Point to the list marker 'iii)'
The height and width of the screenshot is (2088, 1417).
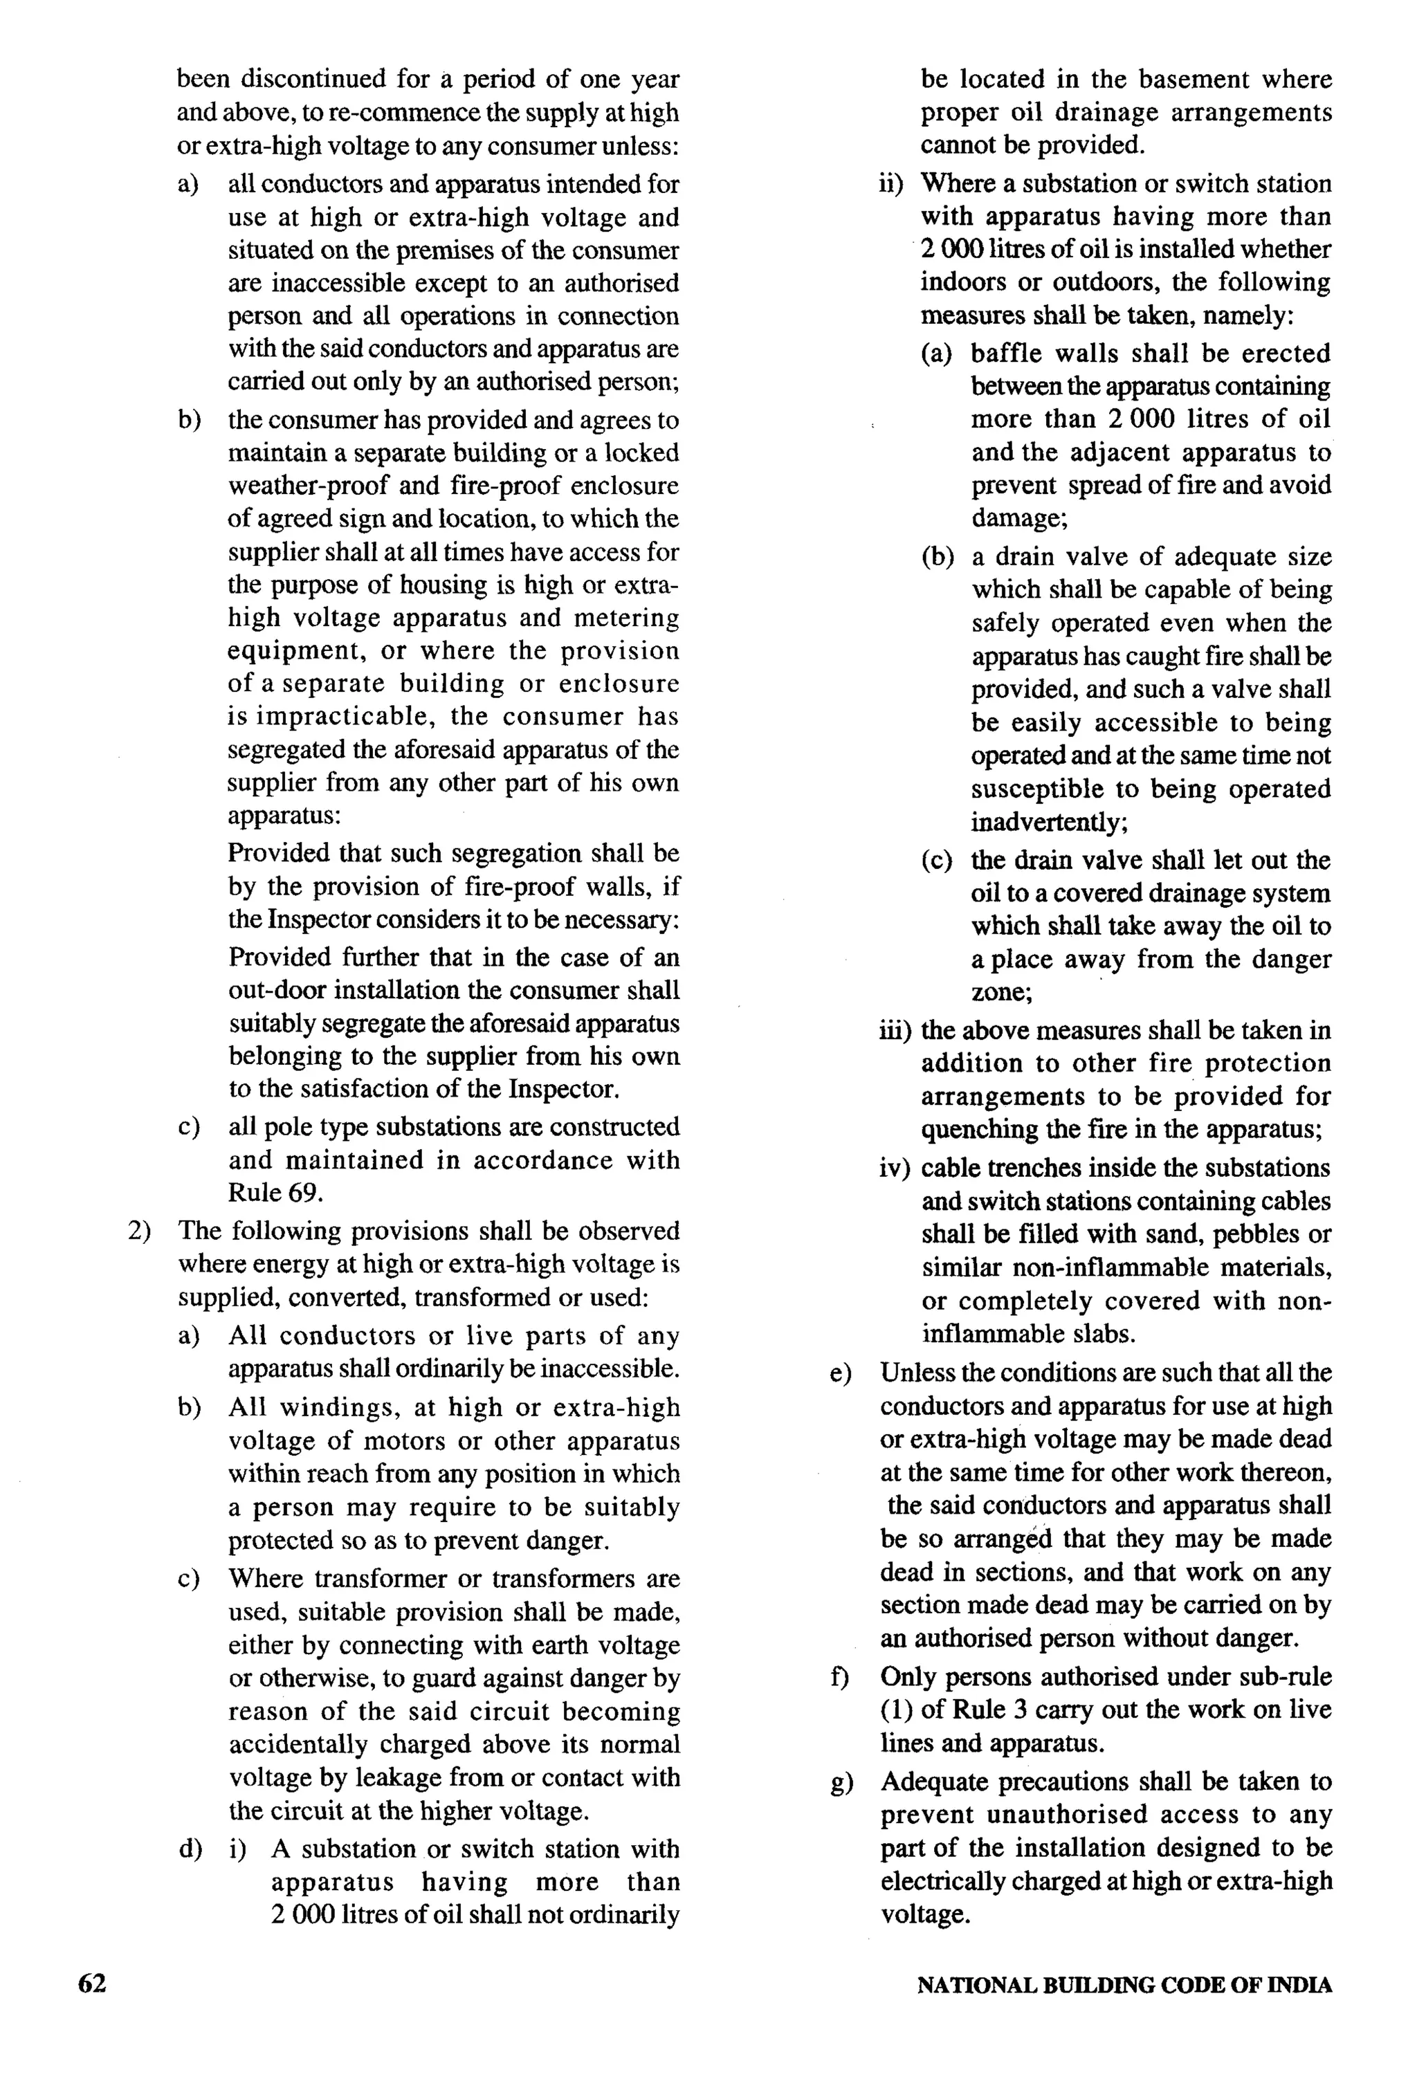[895, 1031]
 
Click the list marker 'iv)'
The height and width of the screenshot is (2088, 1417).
[895, 1168]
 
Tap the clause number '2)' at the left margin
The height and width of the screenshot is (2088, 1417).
[139, 1231]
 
